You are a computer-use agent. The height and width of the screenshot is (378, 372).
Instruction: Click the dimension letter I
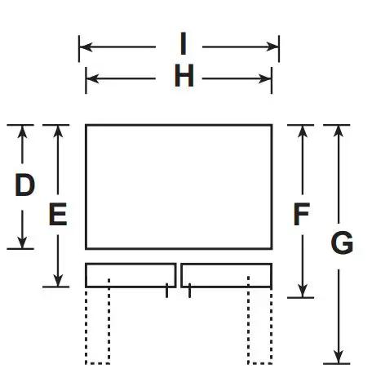(184, 42)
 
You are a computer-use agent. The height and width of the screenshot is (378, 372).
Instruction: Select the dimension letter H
(184, 78)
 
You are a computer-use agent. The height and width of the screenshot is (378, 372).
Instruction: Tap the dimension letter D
(25, 187)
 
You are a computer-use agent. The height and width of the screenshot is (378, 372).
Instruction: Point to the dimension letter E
(57, 214)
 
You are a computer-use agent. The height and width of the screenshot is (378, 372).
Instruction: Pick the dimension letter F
(302, 214)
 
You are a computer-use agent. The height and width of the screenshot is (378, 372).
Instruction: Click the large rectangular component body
(179, 186)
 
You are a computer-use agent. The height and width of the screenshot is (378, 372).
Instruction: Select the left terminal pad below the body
(131, 274)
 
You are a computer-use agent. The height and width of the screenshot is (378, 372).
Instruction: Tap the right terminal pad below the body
(226, 274)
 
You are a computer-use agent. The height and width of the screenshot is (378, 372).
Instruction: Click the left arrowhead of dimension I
(84, 47)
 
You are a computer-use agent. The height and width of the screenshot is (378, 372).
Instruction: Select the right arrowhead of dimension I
(274, 47)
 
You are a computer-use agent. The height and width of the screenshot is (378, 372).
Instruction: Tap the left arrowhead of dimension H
(91, 78)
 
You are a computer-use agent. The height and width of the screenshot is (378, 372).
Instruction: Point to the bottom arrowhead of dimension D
(24, 242)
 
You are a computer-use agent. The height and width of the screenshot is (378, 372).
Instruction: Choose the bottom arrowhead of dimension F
(303, 291)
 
